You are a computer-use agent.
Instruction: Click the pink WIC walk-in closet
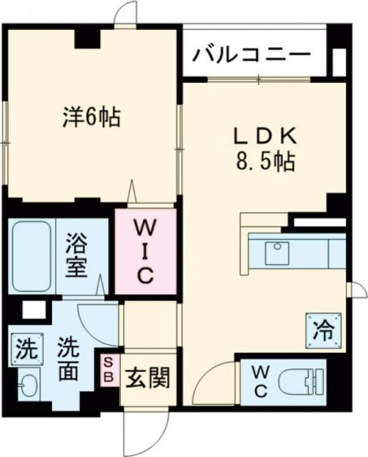[x=145, y=251]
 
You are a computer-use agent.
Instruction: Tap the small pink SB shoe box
[x=110, y=370]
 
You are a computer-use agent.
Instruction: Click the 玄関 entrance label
[x=146, y=376]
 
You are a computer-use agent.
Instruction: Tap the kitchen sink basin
[x=276, y=251]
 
